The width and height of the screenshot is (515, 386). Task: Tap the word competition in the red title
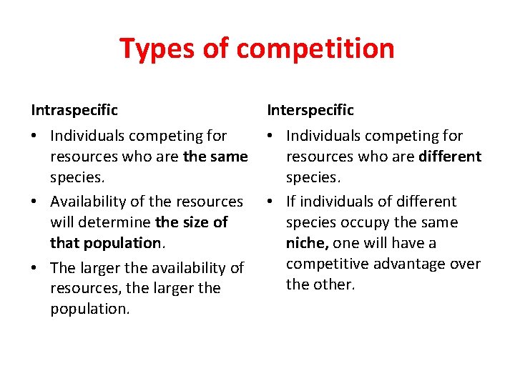pyautogui.click(x=315, y=49)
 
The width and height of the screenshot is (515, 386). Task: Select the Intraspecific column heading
pyautogui.click(x=74, y=110)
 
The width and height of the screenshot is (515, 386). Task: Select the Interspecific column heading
pyautogui.click(x=310, y=110)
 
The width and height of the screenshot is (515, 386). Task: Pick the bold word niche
pyautogui.click(x=306, y=243)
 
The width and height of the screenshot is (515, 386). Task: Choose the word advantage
pyautogui.click(x=410, y=264)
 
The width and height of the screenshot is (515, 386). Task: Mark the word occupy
pyautogui.click(x=369, y=222)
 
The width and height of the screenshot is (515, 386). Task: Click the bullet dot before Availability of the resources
pyautogui.click(x=36, y=202)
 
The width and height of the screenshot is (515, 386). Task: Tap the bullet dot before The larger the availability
pyautogui.click(x=36, y=268)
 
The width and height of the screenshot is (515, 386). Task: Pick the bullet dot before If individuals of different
pyautogui.click(x=273, y=202)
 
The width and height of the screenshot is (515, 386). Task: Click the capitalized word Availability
pyautogui.click(x=92, y=202)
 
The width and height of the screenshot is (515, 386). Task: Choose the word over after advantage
pyautogui.click(x=466, y=264)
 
